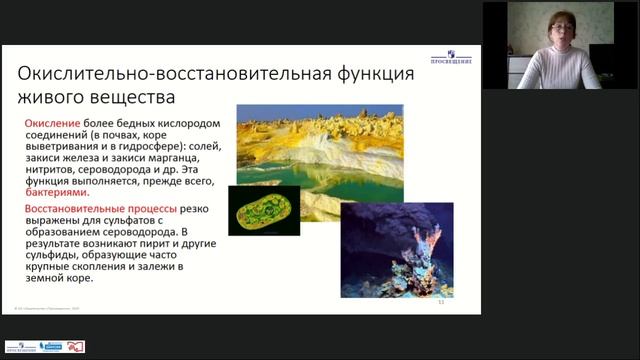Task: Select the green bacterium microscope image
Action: click(264, 211)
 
